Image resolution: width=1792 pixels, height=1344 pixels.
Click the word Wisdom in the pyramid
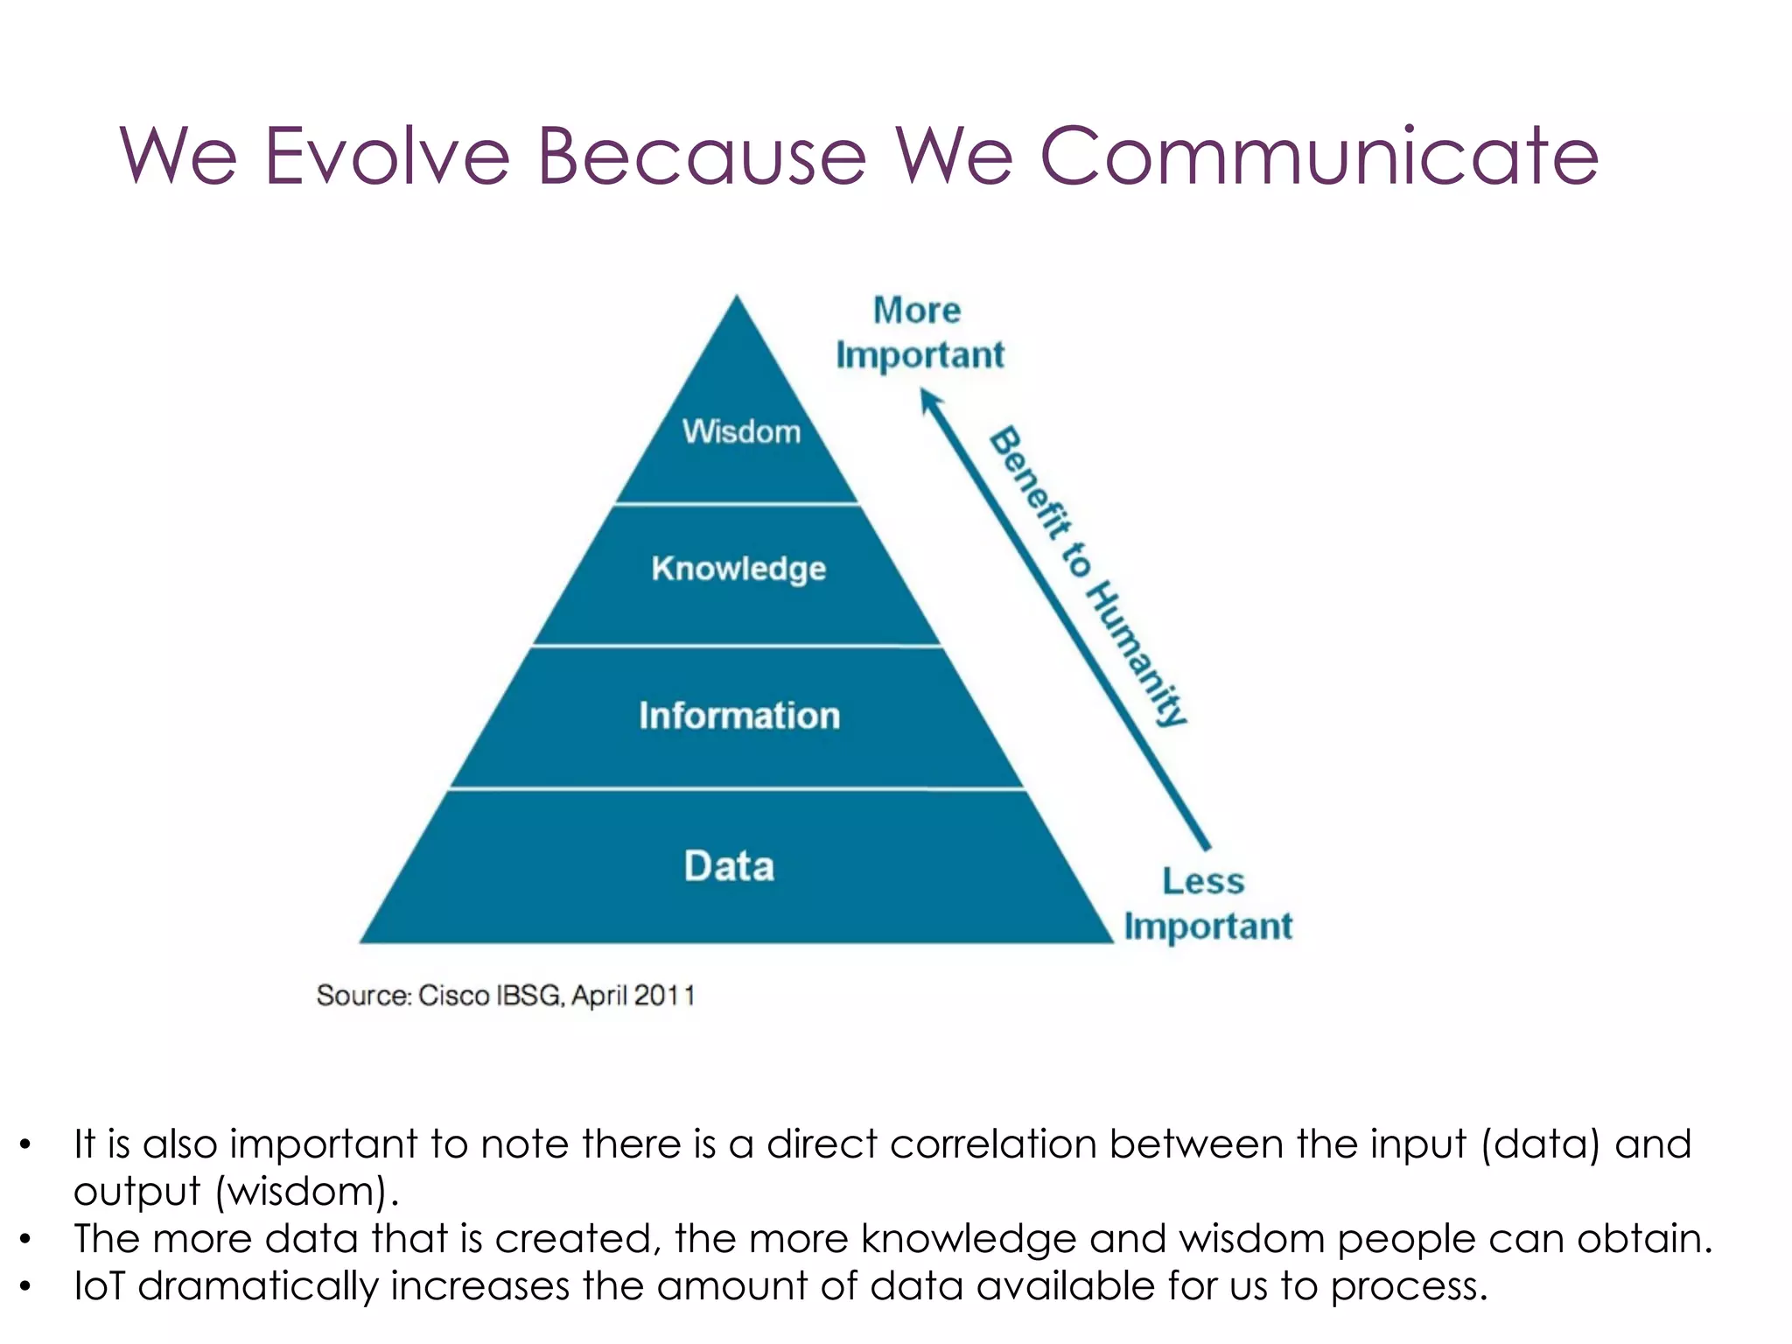pos(741,431)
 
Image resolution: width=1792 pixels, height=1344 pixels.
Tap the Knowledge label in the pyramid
pos(738,569)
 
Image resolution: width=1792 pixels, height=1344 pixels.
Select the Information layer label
pos(739,716)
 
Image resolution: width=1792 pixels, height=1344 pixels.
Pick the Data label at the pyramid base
pos(729,866)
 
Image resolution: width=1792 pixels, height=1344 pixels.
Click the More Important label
pos(919,332)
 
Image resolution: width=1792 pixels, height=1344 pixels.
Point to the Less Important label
pos(1207,903)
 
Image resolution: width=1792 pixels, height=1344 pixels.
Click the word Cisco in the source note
pos(454,996)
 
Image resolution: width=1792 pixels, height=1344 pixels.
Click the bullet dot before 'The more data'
pos(26,1239)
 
